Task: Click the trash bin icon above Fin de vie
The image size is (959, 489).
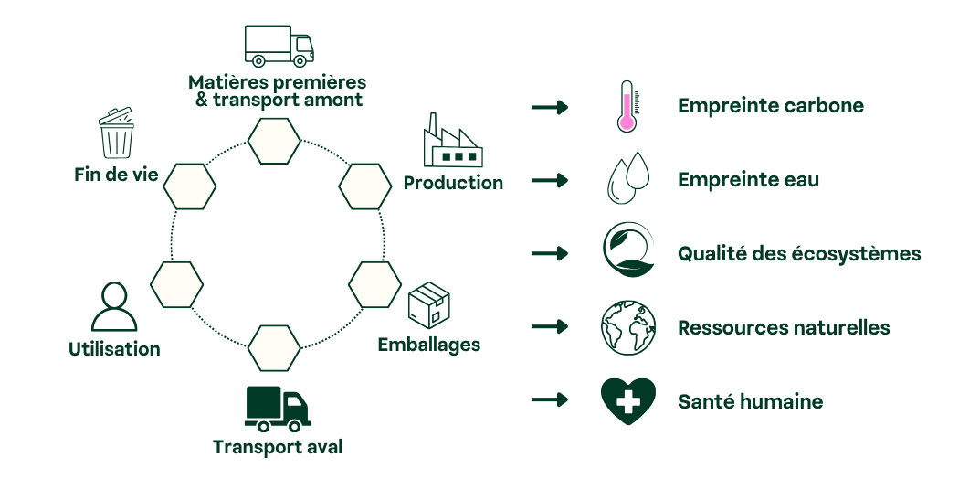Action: [117, 135]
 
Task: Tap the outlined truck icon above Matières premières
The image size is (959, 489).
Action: [279, 46]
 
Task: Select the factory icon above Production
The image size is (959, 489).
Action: [451, 143]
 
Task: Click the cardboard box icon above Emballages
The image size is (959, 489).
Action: [429, 304]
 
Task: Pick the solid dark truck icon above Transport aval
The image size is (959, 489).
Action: [278, 409]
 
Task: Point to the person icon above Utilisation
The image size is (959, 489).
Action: [114, 307]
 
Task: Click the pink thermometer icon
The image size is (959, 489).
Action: [627, 106]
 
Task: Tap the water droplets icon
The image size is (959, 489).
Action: [627, 179]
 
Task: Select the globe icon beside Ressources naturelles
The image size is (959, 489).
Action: [627, 327]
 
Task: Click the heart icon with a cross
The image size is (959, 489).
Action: [627, 399]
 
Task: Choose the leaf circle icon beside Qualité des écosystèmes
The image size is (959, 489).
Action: [627, 252]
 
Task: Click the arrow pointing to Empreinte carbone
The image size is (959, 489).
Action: [549, 108]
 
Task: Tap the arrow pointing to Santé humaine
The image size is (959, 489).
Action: [549, 400]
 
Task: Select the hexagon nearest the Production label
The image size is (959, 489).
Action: [365, 186]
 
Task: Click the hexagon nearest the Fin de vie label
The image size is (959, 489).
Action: [190, 186]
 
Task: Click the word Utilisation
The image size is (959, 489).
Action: [114, 348]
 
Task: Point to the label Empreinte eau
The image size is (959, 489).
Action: [748, 180]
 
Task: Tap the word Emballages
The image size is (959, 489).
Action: [428, 345]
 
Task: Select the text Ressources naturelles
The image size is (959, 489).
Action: [783, 327]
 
